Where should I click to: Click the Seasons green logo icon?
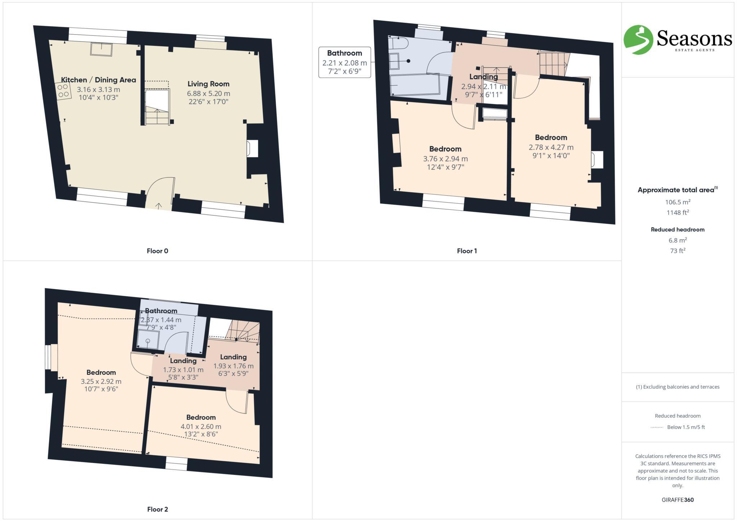[x=638, y=40]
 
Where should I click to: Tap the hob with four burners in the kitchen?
[x=63, y=91]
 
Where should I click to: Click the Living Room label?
[x=208, y=84]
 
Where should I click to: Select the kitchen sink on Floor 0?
[x=101, y=49]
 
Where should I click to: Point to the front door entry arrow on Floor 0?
[x=158, y=206]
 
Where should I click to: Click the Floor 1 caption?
[x=467, y=251]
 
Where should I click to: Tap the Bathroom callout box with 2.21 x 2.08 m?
[x=344, y=62]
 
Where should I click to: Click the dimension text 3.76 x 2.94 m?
[x=445, y=159]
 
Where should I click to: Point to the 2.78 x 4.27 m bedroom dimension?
[x=551, y=147]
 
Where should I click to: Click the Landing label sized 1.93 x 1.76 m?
[x=233, y=357]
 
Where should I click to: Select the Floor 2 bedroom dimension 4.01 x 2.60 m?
[x=201, y=426]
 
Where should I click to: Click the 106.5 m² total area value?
[x=677, y=202]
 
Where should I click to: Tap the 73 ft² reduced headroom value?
[x=677, y=251]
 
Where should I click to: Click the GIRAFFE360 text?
[x=677, y=500]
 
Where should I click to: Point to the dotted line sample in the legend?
[x=657, y=427]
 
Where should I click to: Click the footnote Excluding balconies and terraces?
[x=677, y=387]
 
